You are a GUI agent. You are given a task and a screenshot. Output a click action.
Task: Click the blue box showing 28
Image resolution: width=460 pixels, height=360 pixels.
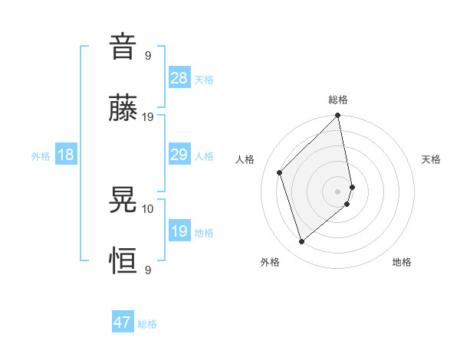pyautogui.click(x=179, y=78)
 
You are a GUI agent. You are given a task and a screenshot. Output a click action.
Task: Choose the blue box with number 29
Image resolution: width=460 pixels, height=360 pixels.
pyautogui.click(x=179, y=155)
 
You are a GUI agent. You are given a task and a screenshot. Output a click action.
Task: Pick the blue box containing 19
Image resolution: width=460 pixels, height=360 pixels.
pyautogui.click(x=179, y=231)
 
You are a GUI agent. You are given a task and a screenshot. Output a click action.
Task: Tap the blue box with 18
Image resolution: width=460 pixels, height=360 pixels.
pyautogui.click(x=65, y=155)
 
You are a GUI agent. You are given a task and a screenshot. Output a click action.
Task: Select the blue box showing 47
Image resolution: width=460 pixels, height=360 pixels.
pyautogui.click(x=123, y=322)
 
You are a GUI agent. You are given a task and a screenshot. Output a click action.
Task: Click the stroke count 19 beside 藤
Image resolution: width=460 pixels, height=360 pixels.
pyautogui.click(x=148, y=116)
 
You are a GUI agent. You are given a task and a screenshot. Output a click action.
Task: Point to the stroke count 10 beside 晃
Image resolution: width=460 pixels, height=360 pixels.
pyautogui.click(x=148, y=208)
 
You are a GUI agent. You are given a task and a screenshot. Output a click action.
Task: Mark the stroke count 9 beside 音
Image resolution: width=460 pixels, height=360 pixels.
pyautogui.click(x=148, y=55)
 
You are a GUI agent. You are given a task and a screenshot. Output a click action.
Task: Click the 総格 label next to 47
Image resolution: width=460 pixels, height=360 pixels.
pyautogui.click(x=147, y=324)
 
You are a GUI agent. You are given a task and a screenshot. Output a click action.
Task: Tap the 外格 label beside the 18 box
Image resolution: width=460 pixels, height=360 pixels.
pyautogui.click(x=41, y=156)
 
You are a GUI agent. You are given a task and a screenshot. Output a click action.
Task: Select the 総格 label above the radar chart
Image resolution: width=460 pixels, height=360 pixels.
pyautogui.click(x=338, y=100)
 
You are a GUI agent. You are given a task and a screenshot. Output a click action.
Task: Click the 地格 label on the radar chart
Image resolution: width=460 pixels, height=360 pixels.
pyautogui.click(x=402, y=262)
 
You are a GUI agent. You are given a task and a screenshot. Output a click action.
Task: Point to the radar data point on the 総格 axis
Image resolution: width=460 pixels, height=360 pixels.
pyautogui.click(x=338, y=116)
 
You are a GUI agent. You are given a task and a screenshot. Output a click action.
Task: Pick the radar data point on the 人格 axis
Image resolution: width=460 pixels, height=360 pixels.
pyautogui.click(x=280, y=172)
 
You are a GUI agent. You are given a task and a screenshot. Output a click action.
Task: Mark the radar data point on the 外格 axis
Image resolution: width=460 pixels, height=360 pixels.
pyautogui.click(x=301, y=242)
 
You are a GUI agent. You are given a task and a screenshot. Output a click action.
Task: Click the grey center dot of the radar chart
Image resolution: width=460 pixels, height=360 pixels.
pyautogui.click(x=338, y=191)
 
